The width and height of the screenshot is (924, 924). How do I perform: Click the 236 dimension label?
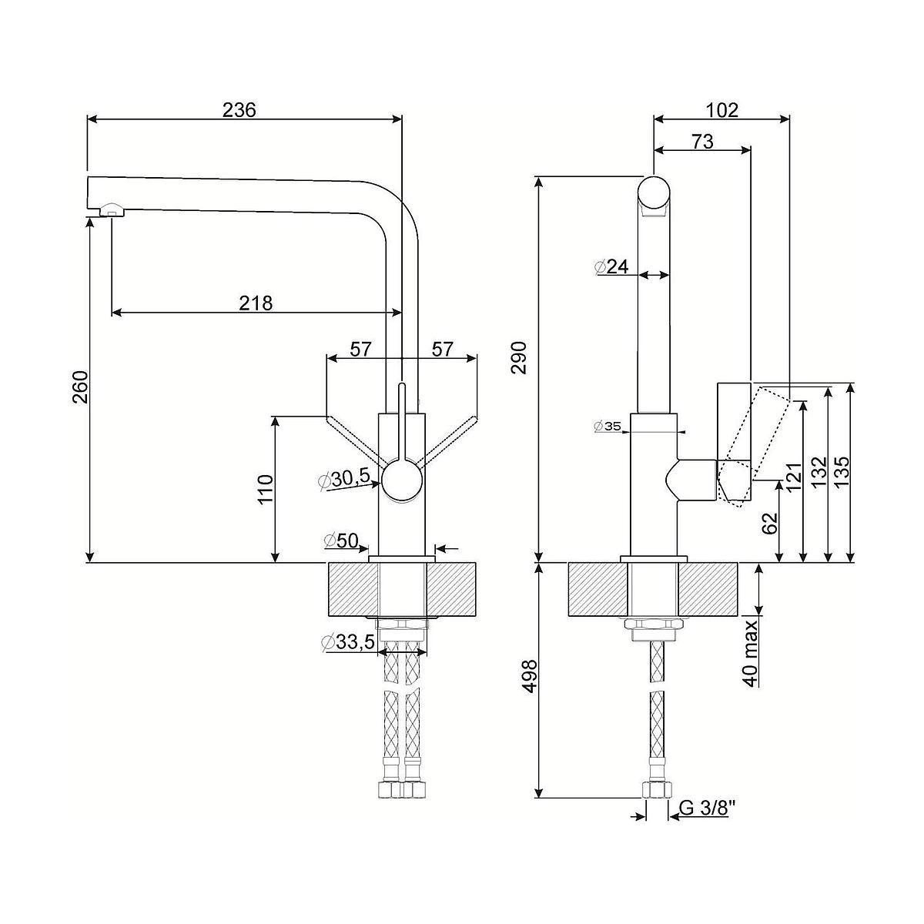(x=239, y=109)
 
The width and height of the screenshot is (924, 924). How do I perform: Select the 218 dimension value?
(x=256, y=303)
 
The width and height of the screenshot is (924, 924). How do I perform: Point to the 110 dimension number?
(x=266, y=490)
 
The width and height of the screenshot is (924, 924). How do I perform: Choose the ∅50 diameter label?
(x=341, y=541)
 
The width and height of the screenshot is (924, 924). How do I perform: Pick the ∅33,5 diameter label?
(x=348, y=641)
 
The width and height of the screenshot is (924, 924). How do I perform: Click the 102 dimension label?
(x=721, y=109)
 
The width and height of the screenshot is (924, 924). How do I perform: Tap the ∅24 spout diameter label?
(x=612, y=266)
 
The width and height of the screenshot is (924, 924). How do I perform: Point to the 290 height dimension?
(x=524, y=357)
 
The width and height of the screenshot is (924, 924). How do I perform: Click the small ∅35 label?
(x=608, y=426)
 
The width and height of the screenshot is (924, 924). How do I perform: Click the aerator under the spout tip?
(x=110, y=209)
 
